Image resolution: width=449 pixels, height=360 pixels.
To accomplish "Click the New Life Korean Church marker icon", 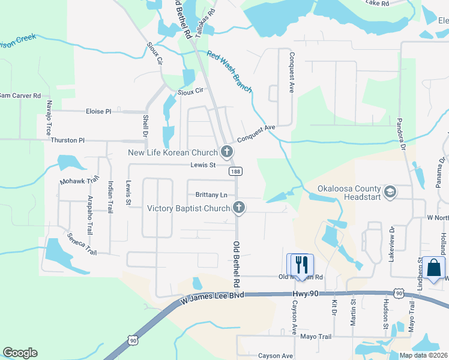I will point(227,152).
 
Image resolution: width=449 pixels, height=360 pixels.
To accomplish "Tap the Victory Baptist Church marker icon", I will point(239,208).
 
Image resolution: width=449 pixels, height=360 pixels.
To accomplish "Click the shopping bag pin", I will point(433,268).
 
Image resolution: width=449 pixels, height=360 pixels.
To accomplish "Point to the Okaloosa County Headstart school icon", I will point(390,192).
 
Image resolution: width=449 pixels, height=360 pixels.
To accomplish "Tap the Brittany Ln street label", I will point(212,195).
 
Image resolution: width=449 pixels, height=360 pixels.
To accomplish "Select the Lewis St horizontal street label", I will point(203,165).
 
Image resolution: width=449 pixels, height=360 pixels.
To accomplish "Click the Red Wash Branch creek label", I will point(230,73).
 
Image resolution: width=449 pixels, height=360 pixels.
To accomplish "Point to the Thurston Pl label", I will point(64,140).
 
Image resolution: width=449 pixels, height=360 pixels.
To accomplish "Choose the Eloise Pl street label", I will point(99,112).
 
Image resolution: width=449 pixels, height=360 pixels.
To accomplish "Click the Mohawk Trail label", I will point(79,181).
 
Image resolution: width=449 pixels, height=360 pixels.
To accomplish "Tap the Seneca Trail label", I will point(82,243).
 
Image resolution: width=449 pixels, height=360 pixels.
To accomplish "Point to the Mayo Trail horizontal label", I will point(316,337).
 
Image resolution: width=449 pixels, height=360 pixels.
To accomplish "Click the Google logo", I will point(20,353).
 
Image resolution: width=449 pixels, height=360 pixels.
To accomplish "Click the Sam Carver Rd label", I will point(20,95).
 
